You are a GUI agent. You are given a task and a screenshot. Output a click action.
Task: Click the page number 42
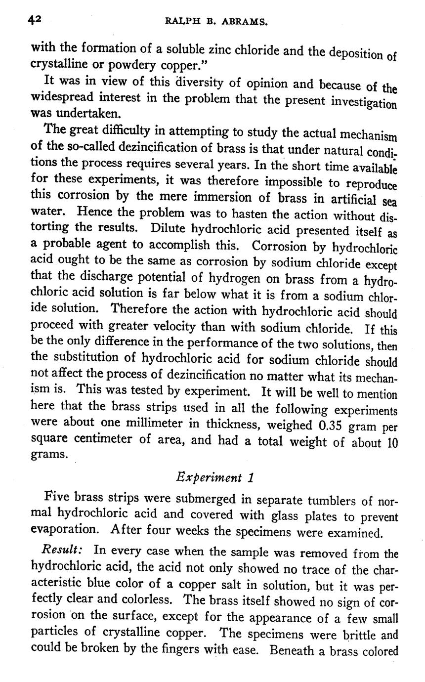35,20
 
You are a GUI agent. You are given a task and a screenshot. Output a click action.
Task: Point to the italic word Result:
62,550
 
